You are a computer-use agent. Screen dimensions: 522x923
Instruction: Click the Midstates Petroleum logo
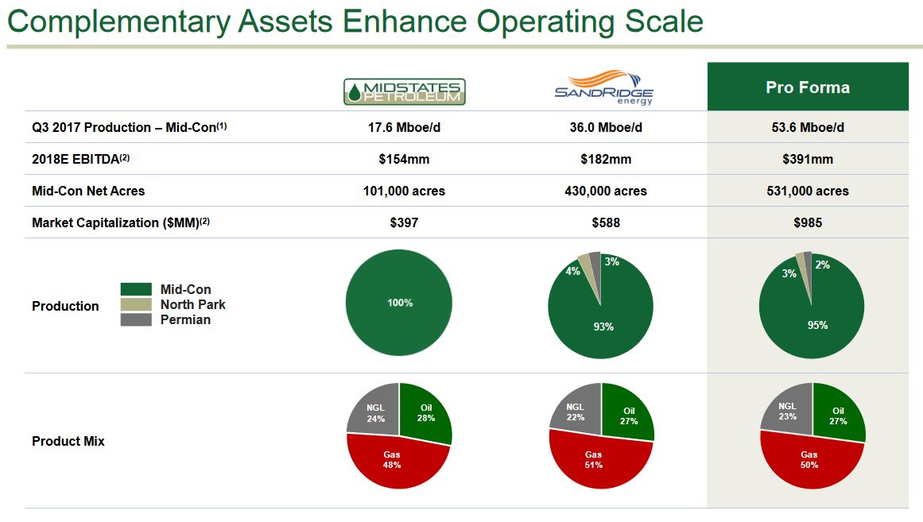pos(404,91)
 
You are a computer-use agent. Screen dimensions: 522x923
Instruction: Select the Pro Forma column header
pos(808,87)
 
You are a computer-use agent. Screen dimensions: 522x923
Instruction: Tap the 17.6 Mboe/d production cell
pos(404,127)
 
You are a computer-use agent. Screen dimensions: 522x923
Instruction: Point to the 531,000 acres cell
pos(808,191)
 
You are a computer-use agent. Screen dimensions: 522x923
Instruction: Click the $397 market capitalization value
pos(404,222)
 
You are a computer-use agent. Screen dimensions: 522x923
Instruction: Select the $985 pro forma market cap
pos(808,222)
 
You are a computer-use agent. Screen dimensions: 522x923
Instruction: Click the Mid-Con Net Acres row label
pos(88,191)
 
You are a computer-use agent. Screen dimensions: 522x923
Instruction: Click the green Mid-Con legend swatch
pos(136,290)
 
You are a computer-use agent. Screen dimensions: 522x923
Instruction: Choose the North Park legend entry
pos(192,304)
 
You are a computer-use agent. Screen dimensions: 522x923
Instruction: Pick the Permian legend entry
pos(185,319)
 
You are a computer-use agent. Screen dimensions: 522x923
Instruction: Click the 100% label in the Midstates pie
pos(399,303)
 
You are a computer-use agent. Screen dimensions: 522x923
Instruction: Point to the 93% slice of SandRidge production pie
pos(603,326)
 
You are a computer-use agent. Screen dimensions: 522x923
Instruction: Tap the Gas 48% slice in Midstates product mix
pos(392,460)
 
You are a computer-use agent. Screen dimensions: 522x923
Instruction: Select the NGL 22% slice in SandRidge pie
pos(575,412)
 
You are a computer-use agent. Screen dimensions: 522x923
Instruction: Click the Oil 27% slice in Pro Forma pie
pos(838,416)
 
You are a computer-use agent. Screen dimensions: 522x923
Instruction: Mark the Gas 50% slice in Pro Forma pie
pos(809,460)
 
